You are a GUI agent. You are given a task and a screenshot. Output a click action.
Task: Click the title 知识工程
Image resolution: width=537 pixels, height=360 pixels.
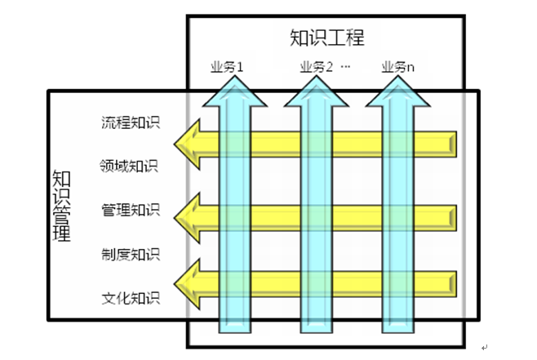click(326, 38)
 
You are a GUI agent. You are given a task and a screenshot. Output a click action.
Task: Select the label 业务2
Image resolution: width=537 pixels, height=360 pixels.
click(317, 67)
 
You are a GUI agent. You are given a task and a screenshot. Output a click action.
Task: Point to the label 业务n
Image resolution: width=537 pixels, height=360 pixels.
click(398, 67)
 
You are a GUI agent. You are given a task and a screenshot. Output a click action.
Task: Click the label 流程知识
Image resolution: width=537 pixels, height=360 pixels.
click(131, 124)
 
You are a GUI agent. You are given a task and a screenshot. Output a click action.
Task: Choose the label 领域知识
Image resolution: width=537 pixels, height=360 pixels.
click(131, 167)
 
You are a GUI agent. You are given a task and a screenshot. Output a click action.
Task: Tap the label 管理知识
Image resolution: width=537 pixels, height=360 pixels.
click(131, 210)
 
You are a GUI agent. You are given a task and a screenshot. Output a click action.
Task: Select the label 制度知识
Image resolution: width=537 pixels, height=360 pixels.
click(131, 254)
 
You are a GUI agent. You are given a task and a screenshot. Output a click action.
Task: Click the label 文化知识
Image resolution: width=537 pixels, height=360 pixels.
click(131, 297)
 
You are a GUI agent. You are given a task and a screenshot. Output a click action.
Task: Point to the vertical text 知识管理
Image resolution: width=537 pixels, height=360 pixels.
click(61, 207)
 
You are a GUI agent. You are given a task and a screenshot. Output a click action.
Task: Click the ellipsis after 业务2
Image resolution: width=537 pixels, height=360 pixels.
click(344, 67)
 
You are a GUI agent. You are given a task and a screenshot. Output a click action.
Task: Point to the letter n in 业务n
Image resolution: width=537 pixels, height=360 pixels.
click(411, 68)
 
